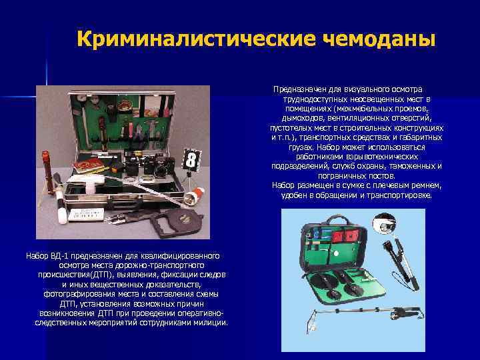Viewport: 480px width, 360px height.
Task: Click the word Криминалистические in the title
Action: [x=196, y=39]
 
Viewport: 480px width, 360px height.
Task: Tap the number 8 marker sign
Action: [x=191, y=159]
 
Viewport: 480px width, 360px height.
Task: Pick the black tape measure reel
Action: [x=177, y=221]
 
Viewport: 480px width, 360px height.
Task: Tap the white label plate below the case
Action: [x=86, y=214]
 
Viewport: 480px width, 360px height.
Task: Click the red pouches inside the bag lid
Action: [x=345, y=236]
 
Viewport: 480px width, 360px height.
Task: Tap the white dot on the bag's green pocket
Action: [x=337, y=253]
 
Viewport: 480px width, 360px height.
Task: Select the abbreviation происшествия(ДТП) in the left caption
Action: [x=75, y=275]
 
